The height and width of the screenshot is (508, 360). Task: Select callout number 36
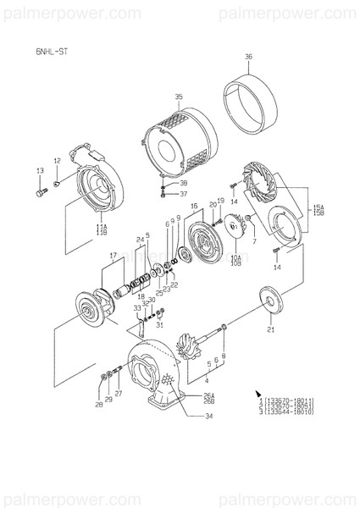(x=248, y=58)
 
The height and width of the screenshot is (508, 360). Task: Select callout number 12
(x=58, y=160)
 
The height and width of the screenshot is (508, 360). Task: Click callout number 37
(x=183, y=193)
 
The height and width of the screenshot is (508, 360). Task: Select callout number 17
(x=112, y=255)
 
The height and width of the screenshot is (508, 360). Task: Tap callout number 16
(x=194, y=206)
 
